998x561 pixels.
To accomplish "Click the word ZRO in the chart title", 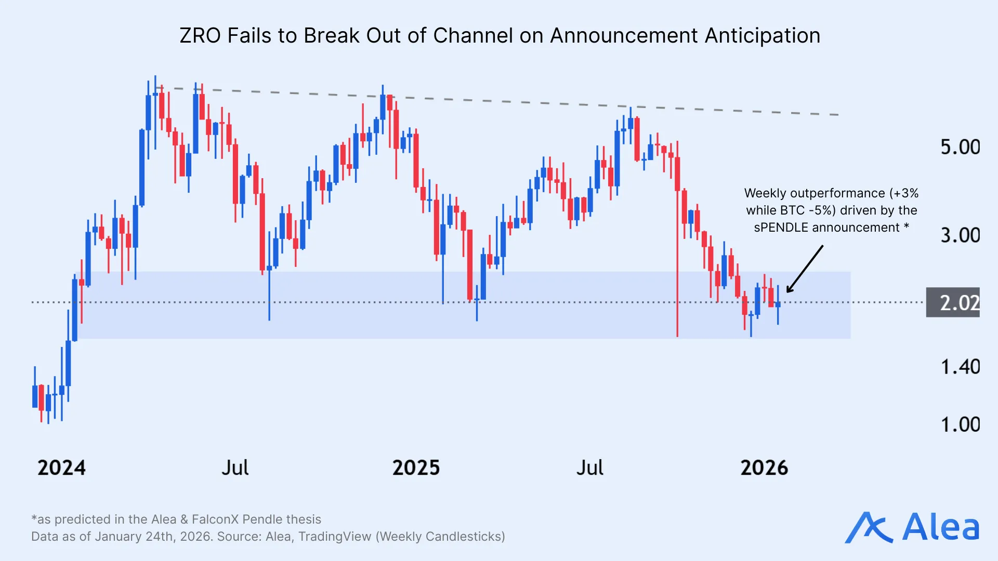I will point(200,36).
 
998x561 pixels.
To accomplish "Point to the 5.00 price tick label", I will point(960,147).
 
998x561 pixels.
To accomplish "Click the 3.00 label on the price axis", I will point(960,235).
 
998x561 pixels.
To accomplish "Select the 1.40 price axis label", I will point(960,367).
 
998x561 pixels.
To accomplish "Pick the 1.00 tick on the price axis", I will point(960,425).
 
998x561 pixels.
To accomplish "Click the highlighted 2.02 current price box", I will point(953,302).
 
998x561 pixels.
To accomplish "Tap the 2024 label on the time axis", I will point(61,468).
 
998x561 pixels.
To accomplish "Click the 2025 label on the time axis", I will point(416,468).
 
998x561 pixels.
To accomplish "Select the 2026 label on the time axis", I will point(764,468).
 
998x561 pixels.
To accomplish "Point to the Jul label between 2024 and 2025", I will point(235,468).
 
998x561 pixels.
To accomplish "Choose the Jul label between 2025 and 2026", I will point(589,468).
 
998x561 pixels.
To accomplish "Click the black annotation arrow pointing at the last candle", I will point(805,269).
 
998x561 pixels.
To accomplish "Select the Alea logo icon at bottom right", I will point(868,528).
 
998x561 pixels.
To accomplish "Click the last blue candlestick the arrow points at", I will point(778,304).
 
